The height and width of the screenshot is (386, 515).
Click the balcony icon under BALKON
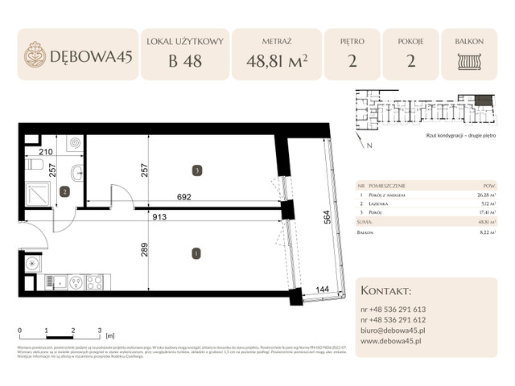point(468,61)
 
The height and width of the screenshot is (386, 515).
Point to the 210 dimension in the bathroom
point(45,151)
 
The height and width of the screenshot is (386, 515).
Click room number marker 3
point(195,170)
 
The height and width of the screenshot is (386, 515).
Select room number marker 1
point(195,254)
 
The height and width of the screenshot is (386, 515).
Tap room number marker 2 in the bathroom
point(64,191)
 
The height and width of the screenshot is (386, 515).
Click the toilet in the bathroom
point(34,164)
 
